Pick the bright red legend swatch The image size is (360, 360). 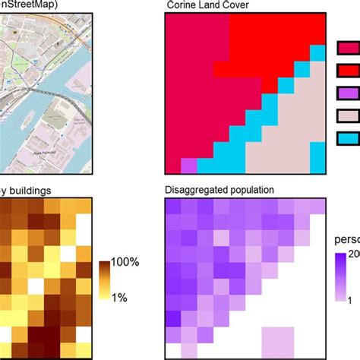tap(348, 72)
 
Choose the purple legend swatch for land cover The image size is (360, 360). tap(348, 94)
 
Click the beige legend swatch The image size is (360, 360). tap(348, 116)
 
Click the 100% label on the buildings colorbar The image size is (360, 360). tap(125, 262)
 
